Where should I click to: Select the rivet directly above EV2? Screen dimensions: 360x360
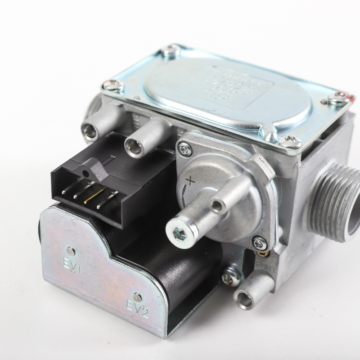136,297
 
